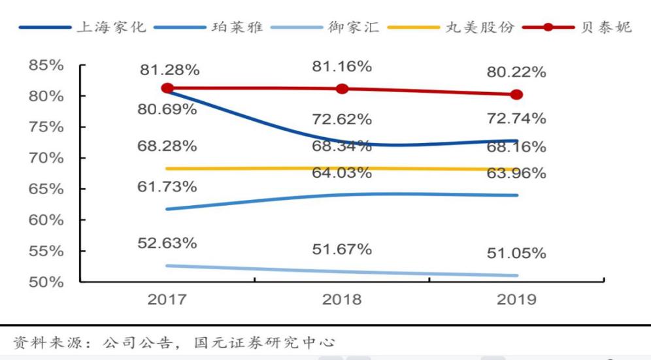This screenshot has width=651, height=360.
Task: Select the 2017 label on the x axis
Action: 167,300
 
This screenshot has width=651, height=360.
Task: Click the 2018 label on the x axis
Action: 342,300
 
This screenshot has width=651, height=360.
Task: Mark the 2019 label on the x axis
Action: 516,300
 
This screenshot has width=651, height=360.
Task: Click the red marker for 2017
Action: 167,88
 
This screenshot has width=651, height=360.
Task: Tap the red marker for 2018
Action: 342,89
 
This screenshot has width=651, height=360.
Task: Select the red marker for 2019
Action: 516,95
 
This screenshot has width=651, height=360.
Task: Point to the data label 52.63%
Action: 167,243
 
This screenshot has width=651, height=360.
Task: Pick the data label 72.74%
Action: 516,118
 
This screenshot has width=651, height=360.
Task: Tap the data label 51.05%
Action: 516,254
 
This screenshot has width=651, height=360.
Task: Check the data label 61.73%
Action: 167,188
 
